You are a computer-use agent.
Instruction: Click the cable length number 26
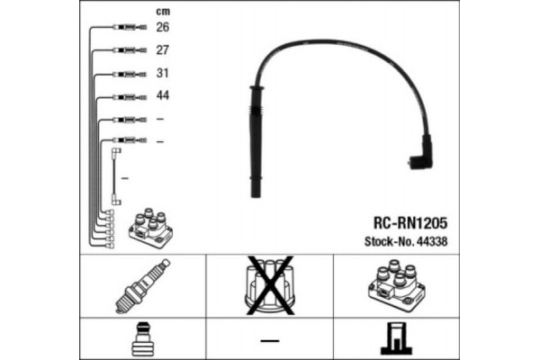(x=163, y=27)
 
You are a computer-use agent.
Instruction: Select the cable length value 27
(x=163, y=50)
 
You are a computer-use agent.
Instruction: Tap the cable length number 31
(x=163, y=73)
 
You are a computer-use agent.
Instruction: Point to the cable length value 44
(x=163, y=95)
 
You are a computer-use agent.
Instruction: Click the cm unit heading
(x=163, y=12)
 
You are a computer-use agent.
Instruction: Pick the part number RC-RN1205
(x=410, y=223)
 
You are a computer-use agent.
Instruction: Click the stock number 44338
(x=432, y=241)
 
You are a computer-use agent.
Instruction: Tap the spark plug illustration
(x=142, y=286)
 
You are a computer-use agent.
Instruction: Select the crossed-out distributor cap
(x=270, y=285)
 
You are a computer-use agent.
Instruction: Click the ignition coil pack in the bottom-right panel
(x=397, y=285)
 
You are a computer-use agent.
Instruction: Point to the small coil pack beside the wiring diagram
(x=150, y=228)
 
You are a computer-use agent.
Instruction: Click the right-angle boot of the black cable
(x=421, y=154)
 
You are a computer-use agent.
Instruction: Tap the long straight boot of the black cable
(x=256, y=141)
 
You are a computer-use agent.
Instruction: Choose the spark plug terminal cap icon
(x=142, y=339)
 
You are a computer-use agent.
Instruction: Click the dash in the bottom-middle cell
(x=270, y=341)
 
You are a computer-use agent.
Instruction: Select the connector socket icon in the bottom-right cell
(x=396, y=338)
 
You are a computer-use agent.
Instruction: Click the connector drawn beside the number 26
(x=130, y=27)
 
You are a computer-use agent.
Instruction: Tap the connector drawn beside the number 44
(x=130, y=97)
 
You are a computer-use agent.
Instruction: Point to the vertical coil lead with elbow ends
(x=116, y=176)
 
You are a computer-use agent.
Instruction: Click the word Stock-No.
(x=390, y=241)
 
